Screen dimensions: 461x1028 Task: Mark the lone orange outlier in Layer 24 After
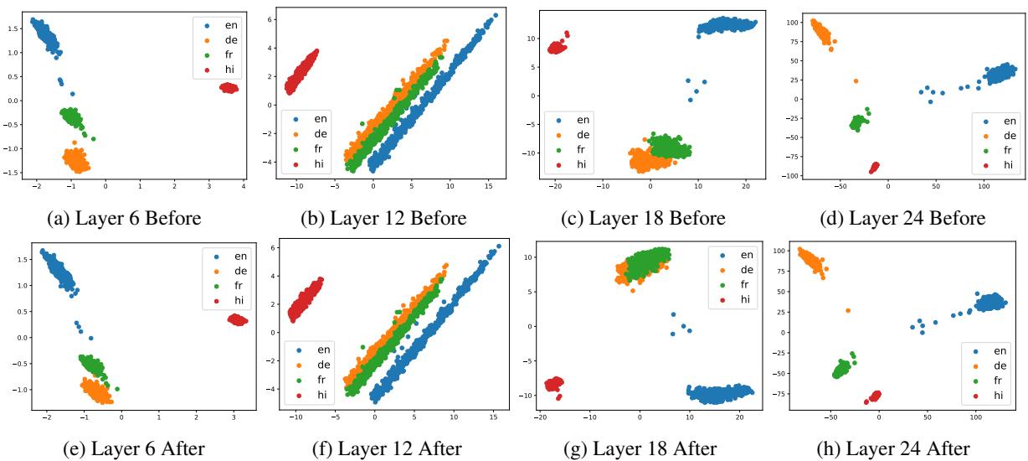[848, 310]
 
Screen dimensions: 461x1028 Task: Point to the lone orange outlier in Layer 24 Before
[856, 80]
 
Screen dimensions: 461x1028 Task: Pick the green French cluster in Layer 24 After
[842, 367]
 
